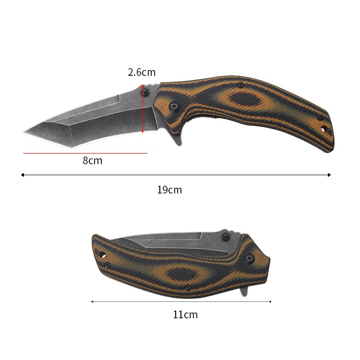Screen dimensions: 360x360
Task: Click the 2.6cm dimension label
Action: pos(142,72)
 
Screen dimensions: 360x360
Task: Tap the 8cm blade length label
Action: pos(93,161)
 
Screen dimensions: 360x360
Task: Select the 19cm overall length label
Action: pos(169,190)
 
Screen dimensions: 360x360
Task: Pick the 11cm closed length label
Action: pos(185,314)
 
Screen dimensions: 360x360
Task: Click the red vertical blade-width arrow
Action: pos(143,108)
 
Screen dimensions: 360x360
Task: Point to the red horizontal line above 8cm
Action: pos(85,153)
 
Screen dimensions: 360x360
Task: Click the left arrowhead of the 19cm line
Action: pos(22,175)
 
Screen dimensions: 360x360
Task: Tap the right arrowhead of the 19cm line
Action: pos(329,175)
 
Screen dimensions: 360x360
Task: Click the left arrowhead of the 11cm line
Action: pos(92,301)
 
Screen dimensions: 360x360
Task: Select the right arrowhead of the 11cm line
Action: pos(270,301)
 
